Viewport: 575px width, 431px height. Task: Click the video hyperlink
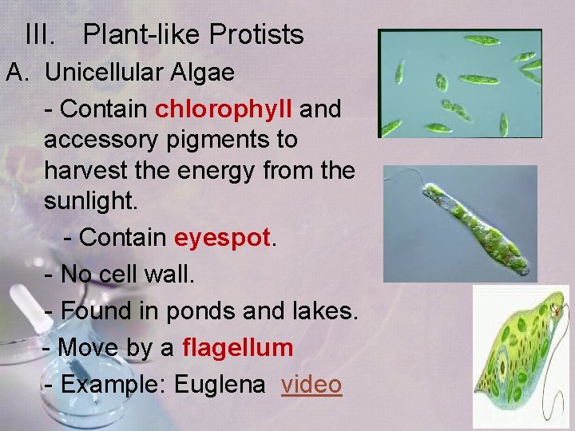(x=311, y=384)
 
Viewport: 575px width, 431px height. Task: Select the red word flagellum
(x=238, y=348)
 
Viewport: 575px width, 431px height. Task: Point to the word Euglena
(x=220, y=384)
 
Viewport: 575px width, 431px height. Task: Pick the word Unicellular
(x=104, y=73)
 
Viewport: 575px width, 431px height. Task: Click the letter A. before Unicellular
(x=18, y=73)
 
